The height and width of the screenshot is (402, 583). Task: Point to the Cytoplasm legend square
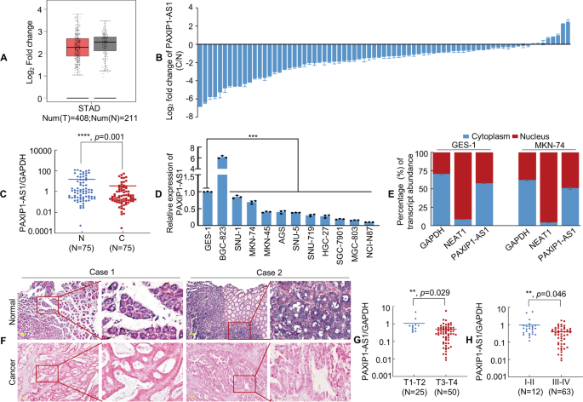[466, 135]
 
